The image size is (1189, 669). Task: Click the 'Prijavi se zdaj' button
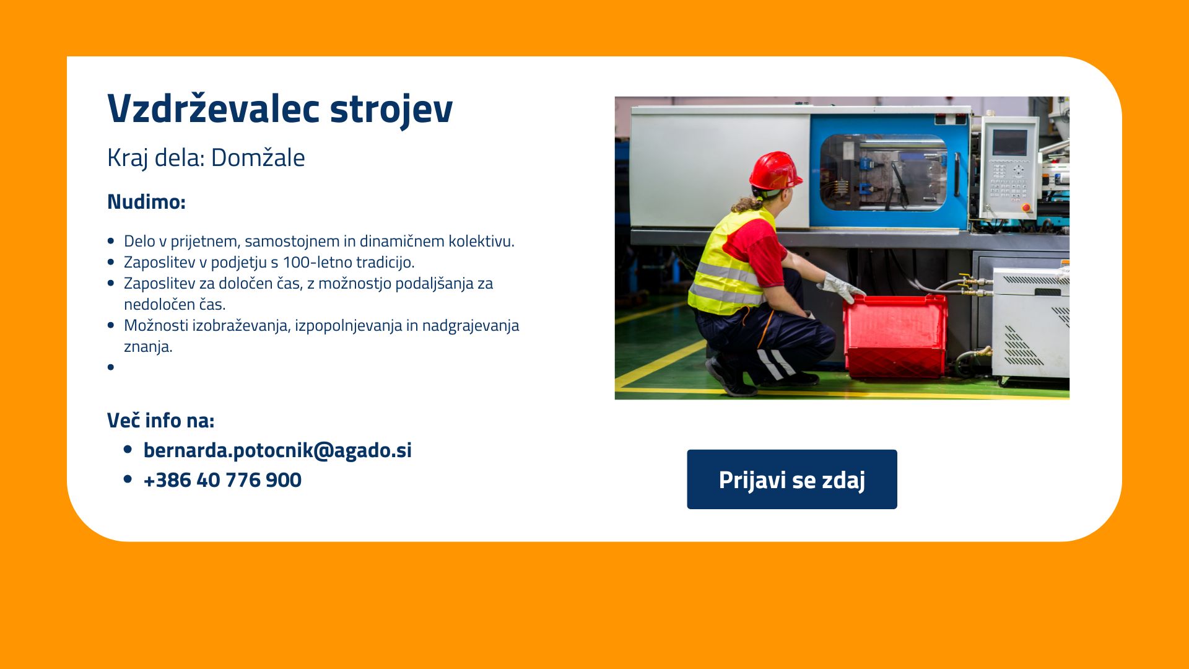click(x=791, y=479)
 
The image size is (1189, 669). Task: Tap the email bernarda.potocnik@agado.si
click(x=277, y=450)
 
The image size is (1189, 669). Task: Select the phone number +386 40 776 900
click(x=222, y=480)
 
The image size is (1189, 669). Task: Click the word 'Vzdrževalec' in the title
click(x=214, y=109)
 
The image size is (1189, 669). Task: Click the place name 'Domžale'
click(x=258, y=157)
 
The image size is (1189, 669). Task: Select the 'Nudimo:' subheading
click(x=146, y=202)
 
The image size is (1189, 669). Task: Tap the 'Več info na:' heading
click(x=160, y=420)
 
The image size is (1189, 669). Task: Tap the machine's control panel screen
click(x=1009, y=142)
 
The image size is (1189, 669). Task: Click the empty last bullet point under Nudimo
click(x=111, y=367)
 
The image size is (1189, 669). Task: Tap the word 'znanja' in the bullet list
click(x=147, y=347)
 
